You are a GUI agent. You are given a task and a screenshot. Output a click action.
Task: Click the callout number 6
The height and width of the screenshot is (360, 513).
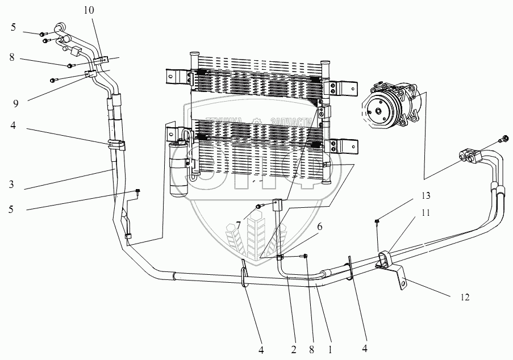[x=319, y=225]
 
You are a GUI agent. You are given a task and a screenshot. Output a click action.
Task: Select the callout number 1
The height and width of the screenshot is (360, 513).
[x=329, y=343]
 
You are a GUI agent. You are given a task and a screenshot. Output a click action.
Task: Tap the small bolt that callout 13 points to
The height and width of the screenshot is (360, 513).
[x=377, y=221]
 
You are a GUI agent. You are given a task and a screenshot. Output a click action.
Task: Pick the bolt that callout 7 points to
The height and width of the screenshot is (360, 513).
[x=258, y=206]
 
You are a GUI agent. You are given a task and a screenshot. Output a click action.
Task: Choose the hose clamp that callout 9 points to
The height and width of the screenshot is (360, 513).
[x=90, y=74]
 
